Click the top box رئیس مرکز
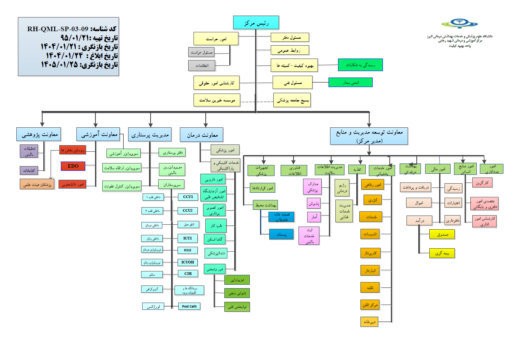pyautogui.click(x=256, y=23)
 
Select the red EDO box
pyautogui.click(x=73, y=166)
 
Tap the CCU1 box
pyautogui.click(x=188, y=197)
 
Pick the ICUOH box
pyautogui.click(x=187, y=262)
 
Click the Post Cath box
pyautogui.click(x=189, y=306)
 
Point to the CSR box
pyautogui.click(x=188, y=274)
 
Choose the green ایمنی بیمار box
pyautogui.click(x=350, y=82)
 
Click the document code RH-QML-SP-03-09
pyautogui.click(x=57, y=29)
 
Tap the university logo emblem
pyautogui.click(x=459, y=24)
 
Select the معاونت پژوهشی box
pyautogui.click(x=39, y=135)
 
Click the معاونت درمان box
pyautogui.click(x=202, y=135)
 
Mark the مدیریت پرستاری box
pyautogui.click(x=150, y=135)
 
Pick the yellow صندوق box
pyautogui.click(x=442, y=235)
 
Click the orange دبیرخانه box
pyautogui.click(x=369, y=322)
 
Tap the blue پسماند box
pyautogui.click(x=281, y=235)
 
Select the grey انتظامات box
pyautogui.click(x=202, y=66)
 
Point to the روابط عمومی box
pyautogui.click(x=290, y=50)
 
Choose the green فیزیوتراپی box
pyautogui.click(x=237, y=280)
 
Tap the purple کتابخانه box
pyautogui.click(x=29, y=171)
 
